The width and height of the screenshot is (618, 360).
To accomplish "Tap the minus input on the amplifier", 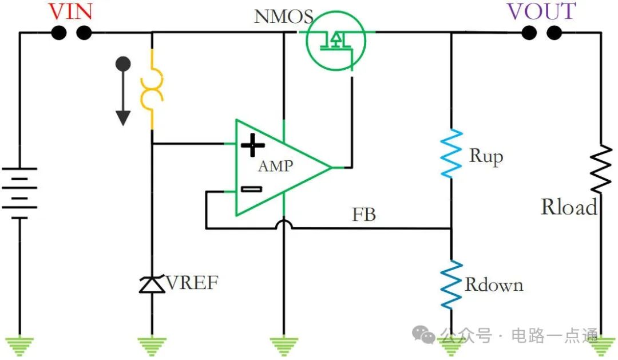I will tap(251, 189).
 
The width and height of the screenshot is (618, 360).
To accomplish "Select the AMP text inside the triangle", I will tap(275, 167).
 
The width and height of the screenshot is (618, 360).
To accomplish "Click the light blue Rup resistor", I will tap(451, 153).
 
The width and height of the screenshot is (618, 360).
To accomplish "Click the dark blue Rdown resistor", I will tap(451, 285).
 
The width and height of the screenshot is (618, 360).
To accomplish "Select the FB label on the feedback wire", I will tap(363, 215).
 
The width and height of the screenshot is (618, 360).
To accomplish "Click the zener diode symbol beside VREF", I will tap(152, 284).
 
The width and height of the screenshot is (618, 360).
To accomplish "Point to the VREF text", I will tap(192, 282).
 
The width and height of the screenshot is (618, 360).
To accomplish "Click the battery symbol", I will tap(20, 193).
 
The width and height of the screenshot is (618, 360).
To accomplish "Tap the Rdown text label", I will tap(493, 284).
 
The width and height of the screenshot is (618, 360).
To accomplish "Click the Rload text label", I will tap(569, 207).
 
